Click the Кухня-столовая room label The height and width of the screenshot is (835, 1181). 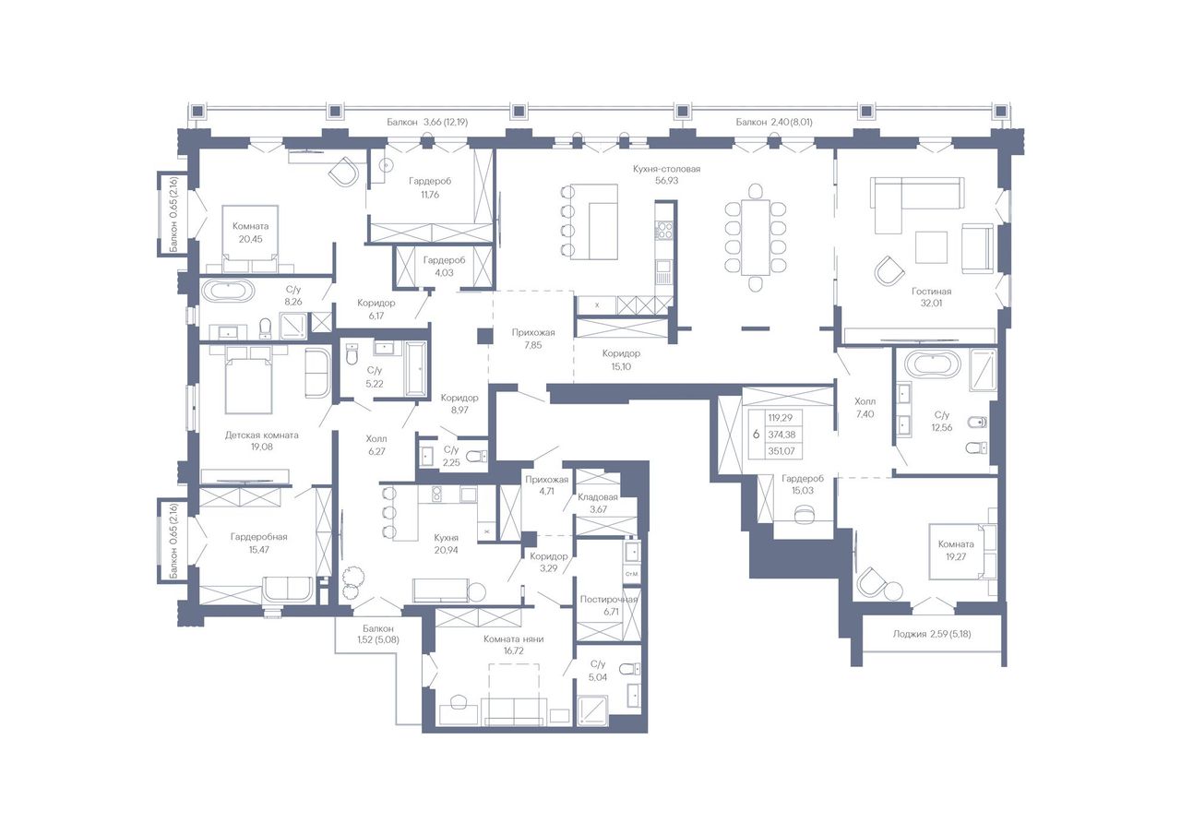(x=666, y=169)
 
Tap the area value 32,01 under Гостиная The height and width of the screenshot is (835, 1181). (x=932, y=304)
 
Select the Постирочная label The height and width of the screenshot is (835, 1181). (x=609, y=600)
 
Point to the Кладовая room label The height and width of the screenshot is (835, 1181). (x=598, y=496)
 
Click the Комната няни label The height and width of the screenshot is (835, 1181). (x=514, y=638)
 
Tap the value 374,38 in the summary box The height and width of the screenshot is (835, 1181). (x=781, y=435)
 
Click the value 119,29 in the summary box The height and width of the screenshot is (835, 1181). (x=781, y=417)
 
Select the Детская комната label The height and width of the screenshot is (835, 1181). (x=261, y=435)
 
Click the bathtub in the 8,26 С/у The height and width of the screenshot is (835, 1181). (x=228, y=291)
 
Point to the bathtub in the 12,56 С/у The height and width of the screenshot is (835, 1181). (x=932, y=366)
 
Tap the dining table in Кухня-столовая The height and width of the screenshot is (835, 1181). (x=756, y=237)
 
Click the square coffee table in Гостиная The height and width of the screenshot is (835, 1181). (x=931, y=247)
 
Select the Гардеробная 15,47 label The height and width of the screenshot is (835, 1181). (x=259, y=543)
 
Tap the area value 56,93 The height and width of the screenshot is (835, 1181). (x=666, y=180)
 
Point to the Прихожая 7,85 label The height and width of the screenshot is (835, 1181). (x=533, y=339)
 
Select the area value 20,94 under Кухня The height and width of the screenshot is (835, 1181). (x=446, y=550)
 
